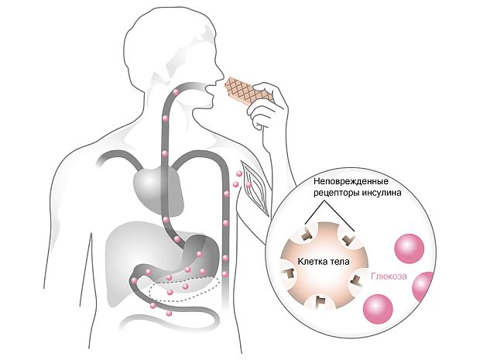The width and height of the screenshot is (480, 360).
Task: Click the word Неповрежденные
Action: (351, 181)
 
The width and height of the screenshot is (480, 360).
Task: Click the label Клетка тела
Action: (324, 262)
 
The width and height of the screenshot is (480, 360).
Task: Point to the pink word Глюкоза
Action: (389, 276)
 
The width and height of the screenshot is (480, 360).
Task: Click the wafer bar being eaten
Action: (249, 90)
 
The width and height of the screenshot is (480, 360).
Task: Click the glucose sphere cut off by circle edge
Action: (423, 286)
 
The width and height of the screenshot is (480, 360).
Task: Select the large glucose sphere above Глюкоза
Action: (410, 249)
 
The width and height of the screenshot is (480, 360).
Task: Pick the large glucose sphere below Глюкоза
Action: (378, 309)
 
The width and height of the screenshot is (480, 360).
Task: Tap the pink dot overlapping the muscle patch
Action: (249, 185)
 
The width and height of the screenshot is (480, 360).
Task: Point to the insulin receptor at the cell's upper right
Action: (348, 238)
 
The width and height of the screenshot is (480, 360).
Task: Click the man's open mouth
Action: (209, 90)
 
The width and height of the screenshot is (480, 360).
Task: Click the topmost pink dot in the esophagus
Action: (176, 92)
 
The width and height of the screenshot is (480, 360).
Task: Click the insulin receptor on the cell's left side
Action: (289, 272)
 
